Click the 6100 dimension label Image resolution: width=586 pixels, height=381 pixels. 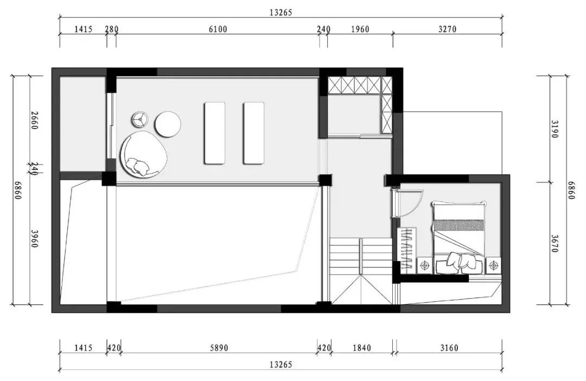pyautogui.click(x=218, y=29)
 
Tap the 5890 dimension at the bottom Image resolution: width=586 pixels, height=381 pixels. pyautogui.click(x=219, y=348)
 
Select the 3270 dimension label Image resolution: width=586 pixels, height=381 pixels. pyautogui.click(x=447, y=29)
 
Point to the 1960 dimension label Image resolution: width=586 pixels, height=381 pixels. pyautogui.click(x=360, y=29)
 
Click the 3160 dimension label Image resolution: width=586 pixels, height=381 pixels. pyautogui.click(x=449, y=348)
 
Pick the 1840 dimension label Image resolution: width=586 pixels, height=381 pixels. pyautogui.click(x=362, y=348)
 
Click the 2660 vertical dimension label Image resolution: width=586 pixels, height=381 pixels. pyautogui.click(x=34, y=120)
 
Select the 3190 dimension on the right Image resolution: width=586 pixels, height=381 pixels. pyautogui.click(x=554, y=129)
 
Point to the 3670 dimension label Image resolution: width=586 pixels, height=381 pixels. pyautogui.click(x=554, y=244)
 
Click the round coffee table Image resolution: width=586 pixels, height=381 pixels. pyautogui.click(x=168, y=124)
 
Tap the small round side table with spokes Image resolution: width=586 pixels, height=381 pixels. pyautogui.click(x=140, y=119)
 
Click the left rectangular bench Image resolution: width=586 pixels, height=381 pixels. pyautogui.click(x=214, y=133)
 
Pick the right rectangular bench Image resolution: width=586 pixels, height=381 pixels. pyautogui.click(x=254, y=133)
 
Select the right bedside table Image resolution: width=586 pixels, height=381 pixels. pyautogui.click(x=494, y=265)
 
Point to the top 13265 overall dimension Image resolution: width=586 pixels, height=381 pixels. pyautogui.click(x=281, y=12)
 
